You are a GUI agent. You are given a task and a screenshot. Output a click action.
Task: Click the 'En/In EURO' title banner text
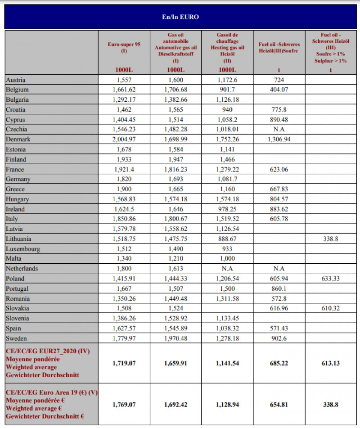[x=180, y=17]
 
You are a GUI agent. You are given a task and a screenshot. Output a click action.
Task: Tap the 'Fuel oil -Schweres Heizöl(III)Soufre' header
[x=279, y=48]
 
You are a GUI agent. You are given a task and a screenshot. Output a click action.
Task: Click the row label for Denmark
[x=18, y=140]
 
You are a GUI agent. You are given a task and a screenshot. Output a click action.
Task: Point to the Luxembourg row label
[x=23, y=249]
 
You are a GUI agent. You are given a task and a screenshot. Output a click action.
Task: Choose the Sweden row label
[x=17, y=338]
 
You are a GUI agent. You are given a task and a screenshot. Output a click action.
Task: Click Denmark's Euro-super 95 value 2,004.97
[x=124, y=140]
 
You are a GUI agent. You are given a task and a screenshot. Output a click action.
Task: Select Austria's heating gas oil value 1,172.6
[x=228, y=80]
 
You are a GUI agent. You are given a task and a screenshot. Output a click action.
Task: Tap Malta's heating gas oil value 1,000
[x=228, y=259]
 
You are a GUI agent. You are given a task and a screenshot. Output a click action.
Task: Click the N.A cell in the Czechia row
[x=279, y=130]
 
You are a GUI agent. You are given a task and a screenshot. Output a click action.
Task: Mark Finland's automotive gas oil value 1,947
[x=175, y=159]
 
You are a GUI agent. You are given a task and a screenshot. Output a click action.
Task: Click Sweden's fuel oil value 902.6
[x=279, y=338]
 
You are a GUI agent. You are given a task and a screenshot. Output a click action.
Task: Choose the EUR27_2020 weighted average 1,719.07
[x=124, y=362]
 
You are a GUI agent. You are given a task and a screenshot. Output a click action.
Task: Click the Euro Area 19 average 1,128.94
[x=228, y=404]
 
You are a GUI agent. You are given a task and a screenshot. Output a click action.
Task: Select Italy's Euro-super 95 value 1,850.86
[x=124, y=219]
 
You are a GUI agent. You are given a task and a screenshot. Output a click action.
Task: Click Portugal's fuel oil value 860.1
[x=279, y=288]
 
